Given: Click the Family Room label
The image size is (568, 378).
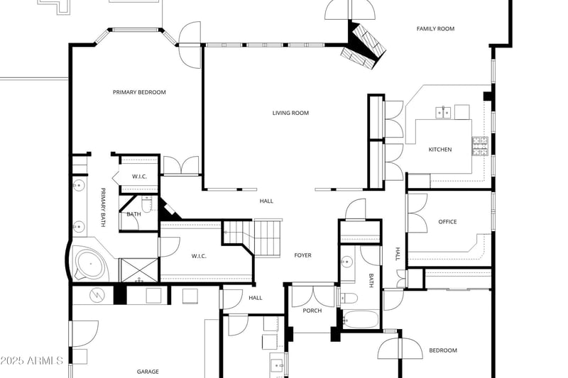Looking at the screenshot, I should [x=435, y=29].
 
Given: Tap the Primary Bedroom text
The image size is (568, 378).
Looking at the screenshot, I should [x=139, y=92].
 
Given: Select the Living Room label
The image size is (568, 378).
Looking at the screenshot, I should [x=290, y=113].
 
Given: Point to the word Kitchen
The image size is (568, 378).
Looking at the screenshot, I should [x=439, y=150].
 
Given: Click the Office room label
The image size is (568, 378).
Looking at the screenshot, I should [x=447, y=222].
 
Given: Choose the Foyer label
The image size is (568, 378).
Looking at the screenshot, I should [x=302, y=255].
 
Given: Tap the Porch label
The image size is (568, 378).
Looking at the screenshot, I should [x=312, y=311].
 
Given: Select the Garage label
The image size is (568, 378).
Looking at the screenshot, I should [x=148, y=372].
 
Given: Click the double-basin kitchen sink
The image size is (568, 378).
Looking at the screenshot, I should [x=444, y=112].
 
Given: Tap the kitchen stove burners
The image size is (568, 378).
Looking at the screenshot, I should [x=480, y=146].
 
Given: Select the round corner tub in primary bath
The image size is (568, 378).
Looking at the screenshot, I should [x=90, y=264].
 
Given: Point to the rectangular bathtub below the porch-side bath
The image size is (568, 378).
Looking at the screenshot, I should [x=361, y=319].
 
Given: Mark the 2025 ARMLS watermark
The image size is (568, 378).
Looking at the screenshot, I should [x=32, y=361].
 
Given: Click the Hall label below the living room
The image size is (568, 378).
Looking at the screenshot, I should [x=266, y=201].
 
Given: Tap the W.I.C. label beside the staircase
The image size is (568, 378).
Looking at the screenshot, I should [x=199, y=256].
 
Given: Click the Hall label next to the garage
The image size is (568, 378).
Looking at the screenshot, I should [x=255, y=298].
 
